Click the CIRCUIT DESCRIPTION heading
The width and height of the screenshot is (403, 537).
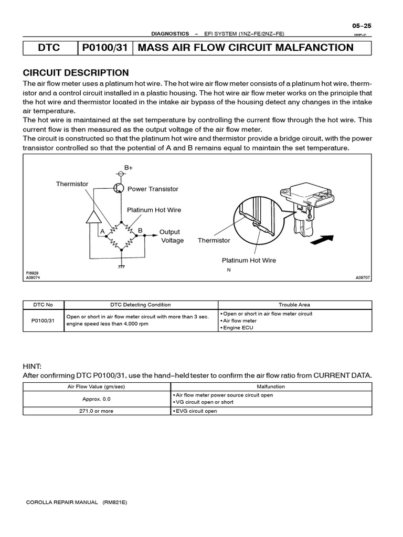[76, 73]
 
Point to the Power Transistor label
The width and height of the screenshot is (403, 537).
[153, 189]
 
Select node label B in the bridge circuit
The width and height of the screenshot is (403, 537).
[140, 230]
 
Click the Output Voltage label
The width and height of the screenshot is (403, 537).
[171, 236]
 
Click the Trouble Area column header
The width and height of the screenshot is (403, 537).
[294, 305]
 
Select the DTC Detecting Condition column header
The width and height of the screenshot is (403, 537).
[140, 305]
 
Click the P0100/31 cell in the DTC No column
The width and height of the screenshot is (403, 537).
[43, 320]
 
